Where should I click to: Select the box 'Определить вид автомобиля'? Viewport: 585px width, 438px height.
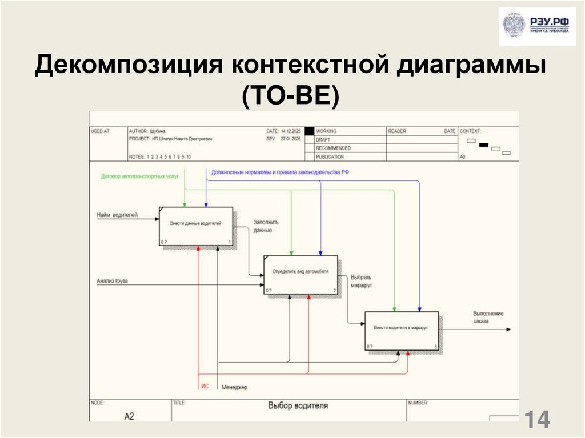300,275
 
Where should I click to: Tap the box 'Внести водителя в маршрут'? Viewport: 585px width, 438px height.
402,330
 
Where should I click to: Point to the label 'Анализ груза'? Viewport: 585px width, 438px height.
112,280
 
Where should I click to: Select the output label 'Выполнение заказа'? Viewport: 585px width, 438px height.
488,317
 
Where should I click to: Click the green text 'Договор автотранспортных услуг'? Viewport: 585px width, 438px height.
139,176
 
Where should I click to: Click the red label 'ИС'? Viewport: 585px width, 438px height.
205,387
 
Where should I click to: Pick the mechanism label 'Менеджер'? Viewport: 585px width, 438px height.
234,387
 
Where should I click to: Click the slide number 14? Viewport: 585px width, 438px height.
537,420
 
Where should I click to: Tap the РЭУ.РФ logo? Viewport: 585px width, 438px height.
536,26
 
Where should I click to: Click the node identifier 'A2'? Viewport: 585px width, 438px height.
129,416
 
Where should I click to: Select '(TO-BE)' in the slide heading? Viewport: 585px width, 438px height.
291,96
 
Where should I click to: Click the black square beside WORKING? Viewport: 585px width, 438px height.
309,131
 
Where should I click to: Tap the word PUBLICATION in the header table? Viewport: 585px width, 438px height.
330,156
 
